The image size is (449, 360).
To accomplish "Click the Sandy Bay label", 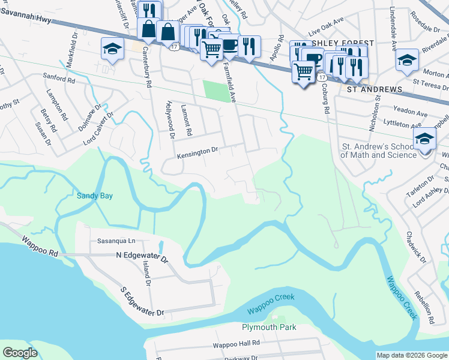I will [95, 196].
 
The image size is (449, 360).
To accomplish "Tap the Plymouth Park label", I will [269, 328].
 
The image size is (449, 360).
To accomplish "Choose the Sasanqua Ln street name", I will [117, 241].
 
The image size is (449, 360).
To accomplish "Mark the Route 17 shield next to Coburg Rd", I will [322, 78].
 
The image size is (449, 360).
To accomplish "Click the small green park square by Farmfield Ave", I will [217, 91].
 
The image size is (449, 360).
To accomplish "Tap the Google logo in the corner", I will [19, 353].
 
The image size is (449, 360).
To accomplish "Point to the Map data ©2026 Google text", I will [412, 355].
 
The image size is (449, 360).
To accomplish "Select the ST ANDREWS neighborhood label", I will [375, 89].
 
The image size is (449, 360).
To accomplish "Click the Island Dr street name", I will [146, 274].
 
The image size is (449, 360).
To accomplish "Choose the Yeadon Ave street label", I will [411, 113].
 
